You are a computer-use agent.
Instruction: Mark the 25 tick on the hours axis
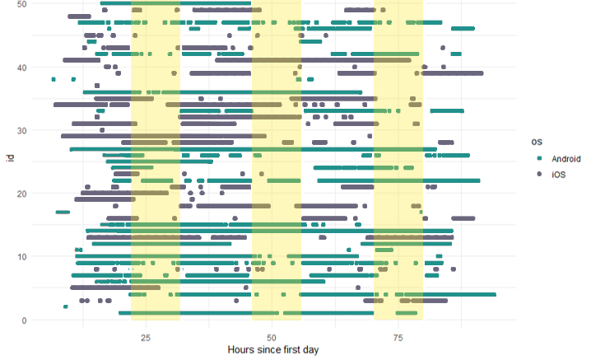(146, 338)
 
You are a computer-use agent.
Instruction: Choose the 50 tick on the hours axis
(272, 338)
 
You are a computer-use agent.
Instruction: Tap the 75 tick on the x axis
(398, 338)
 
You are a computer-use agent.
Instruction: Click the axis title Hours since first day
(272, 350)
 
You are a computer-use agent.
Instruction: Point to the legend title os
(536, 142)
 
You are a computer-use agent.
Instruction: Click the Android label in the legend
(566, 158)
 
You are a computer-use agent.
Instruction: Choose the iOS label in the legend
(560, 175)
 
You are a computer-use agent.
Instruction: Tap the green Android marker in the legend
(539, 158)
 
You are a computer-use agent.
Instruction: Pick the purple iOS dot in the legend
(539, 175)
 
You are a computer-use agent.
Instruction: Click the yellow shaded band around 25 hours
(156, 165)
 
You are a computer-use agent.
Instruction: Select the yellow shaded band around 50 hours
(277, 165)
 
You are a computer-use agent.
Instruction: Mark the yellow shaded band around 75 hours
(398, 165)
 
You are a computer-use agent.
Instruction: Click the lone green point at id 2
(66, 306)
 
